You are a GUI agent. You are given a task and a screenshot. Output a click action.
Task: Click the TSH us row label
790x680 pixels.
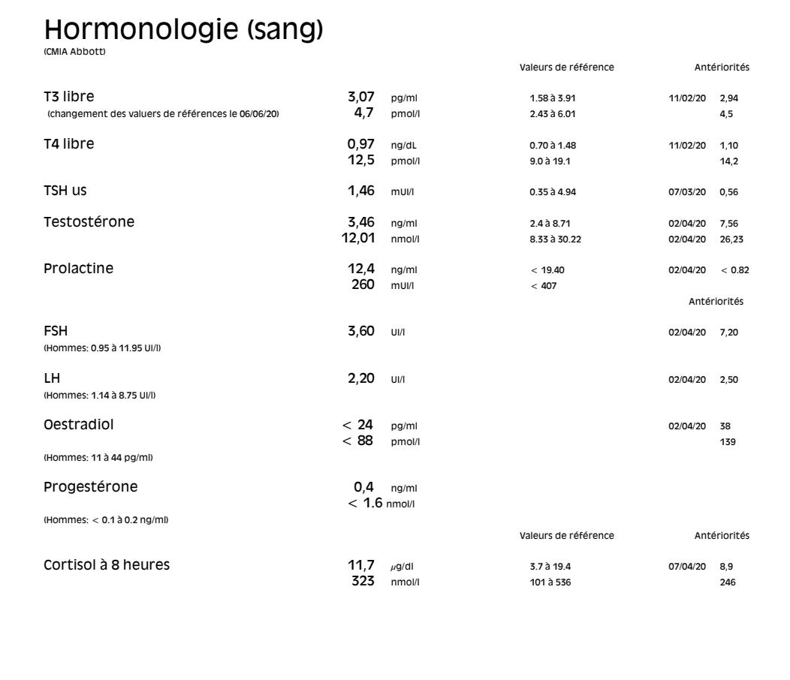tap(65, 191)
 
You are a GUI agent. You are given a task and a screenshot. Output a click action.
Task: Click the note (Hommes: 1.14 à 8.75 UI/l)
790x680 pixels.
tap(103, 395)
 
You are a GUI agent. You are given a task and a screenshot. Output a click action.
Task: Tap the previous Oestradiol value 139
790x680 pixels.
tap(728, 441)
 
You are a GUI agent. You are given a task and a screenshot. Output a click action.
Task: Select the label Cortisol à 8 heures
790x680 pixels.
tap(107, 566)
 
